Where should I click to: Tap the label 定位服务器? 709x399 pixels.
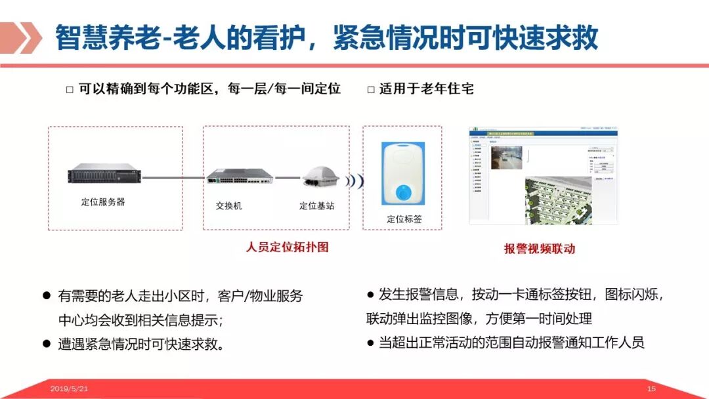[103, 202]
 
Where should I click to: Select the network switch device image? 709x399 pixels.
[240, 177]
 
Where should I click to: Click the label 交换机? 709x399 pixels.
[228, 205]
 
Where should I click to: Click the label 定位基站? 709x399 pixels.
[316, 205]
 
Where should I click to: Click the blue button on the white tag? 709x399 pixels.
[402, 192]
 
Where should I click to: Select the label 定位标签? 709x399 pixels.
[404, 219]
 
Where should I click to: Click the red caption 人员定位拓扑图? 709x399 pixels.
[287, 247]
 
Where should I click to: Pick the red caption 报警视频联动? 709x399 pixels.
[540, 249]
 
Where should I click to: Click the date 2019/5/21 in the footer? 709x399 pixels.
[69, 389]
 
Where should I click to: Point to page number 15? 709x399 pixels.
[652, 389]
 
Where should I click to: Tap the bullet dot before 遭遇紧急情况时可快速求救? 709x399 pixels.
[47, 343]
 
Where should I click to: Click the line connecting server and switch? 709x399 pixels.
[174, 177]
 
